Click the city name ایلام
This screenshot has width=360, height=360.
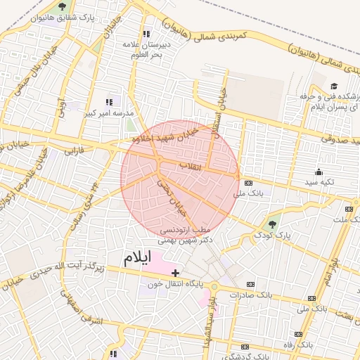[138, 258]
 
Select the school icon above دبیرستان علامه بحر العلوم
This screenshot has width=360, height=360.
[146, 33]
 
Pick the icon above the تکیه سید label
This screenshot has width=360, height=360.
[319, 172]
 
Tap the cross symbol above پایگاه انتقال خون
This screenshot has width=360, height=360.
[176, 273]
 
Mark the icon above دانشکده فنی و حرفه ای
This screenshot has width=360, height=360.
[333, 86]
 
